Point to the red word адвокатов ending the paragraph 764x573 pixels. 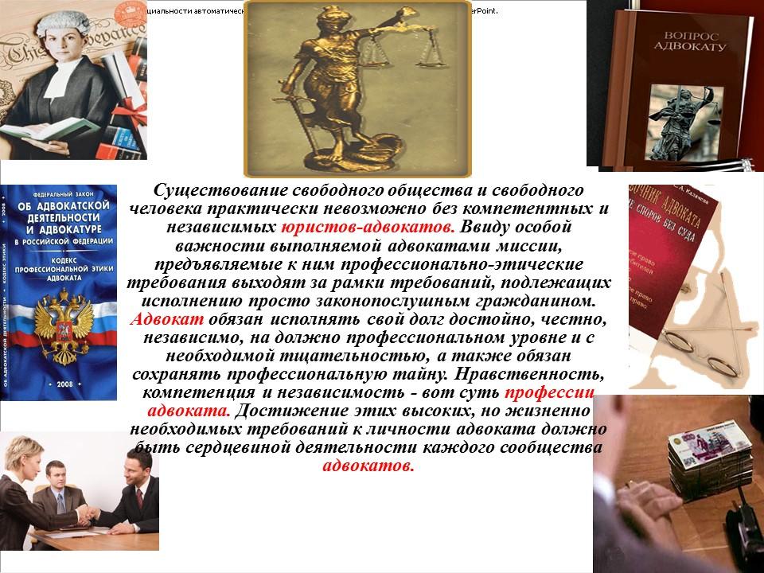click(x=369, y=466)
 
